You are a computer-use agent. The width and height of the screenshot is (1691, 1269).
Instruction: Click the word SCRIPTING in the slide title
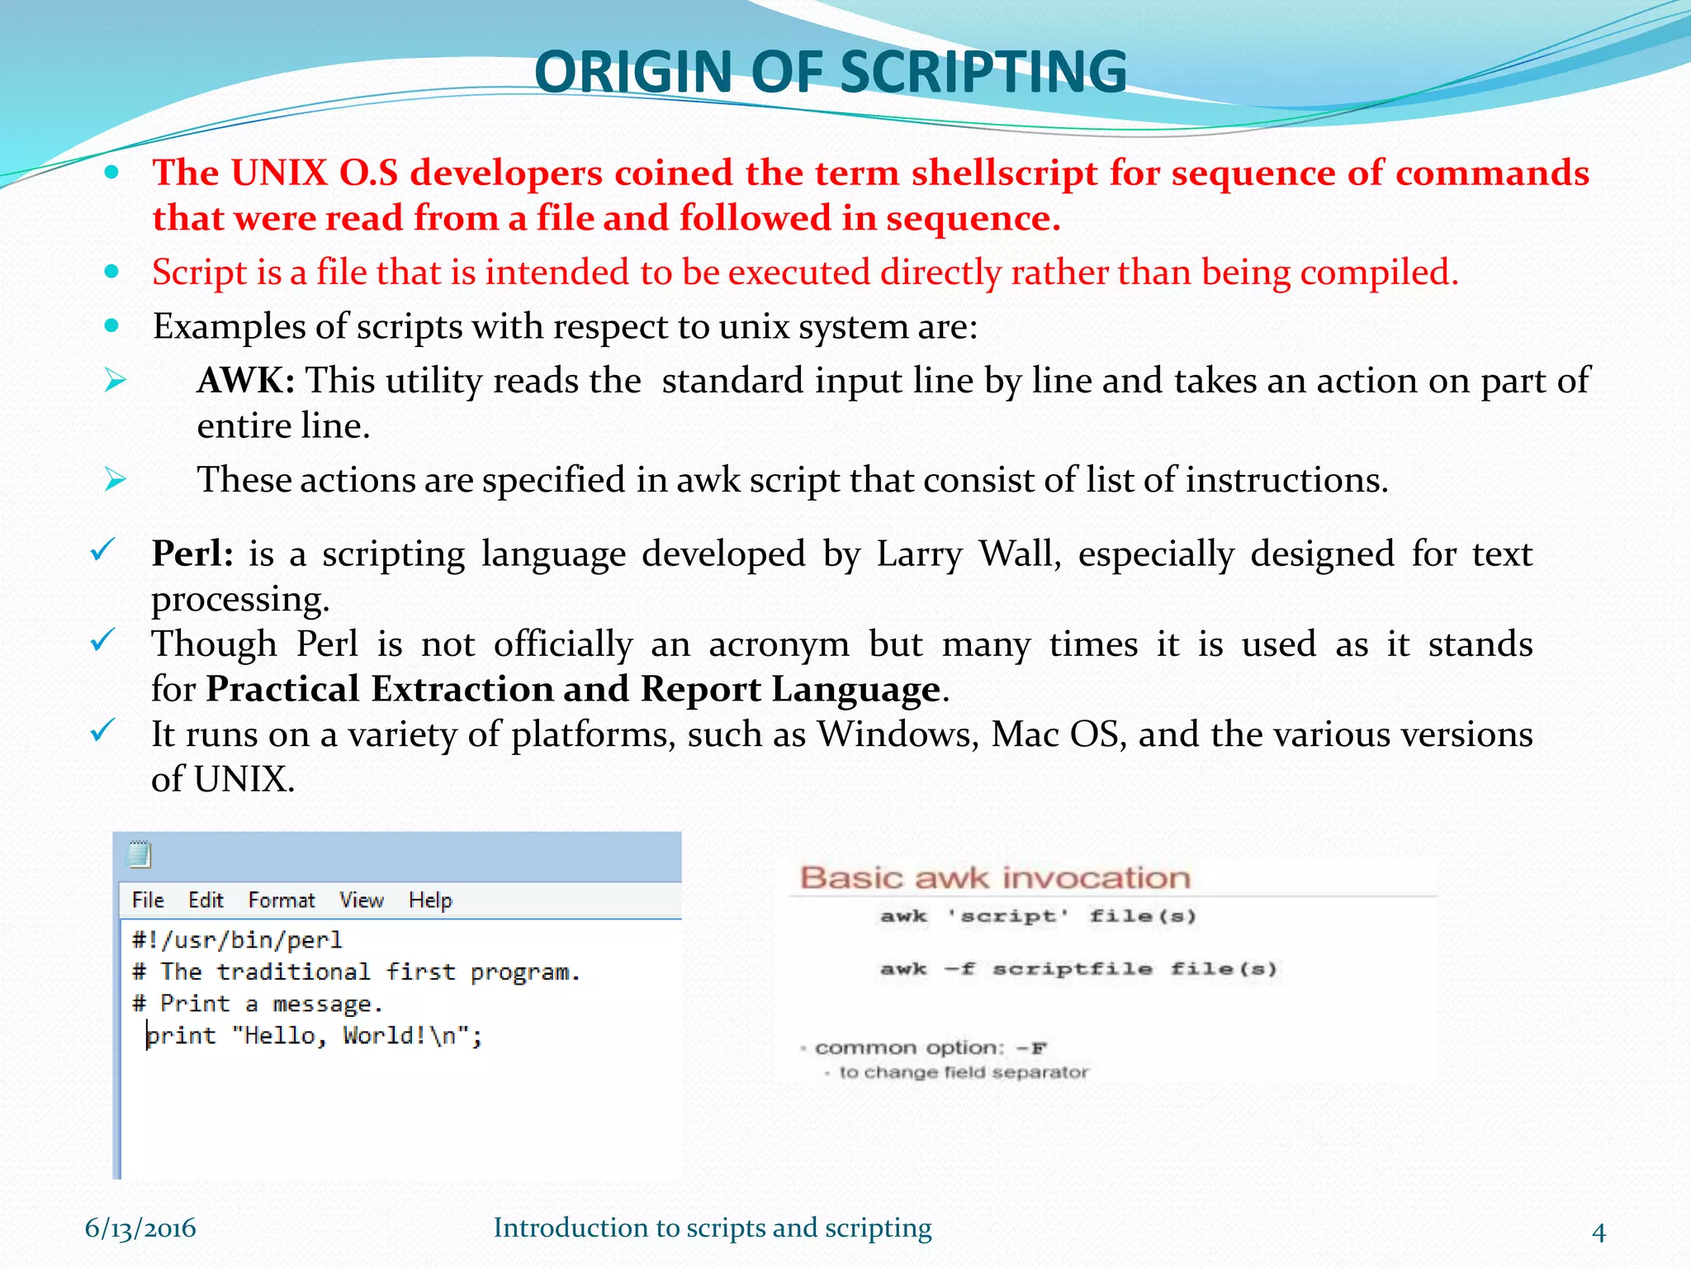tap(983, 72)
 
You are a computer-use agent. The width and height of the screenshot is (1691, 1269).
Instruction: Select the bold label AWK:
tap(246, 381)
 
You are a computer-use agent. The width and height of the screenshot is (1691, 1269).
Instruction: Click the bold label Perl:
tap(192, 554)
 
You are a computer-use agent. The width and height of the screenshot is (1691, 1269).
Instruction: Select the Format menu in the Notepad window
tap(282, 901)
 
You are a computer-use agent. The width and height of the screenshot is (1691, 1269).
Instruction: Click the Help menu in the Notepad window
tap(430, 901)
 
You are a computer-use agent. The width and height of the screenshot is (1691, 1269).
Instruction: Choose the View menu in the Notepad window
tap(362, 901)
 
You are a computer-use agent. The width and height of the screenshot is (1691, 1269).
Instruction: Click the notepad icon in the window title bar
tap(140, 854)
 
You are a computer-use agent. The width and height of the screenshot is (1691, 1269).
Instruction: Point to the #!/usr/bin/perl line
tap(237, 940)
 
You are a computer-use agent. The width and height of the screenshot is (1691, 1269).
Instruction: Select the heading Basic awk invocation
tap(995, 877)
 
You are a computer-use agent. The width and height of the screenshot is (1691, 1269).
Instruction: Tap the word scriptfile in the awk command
tap(1072, 969)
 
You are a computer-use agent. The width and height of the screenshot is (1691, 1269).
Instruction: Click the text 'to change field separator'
tap(963, 1072)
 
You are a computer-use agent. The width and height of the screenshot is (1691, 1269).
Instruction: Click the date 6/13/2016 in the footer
tap(140, 1229)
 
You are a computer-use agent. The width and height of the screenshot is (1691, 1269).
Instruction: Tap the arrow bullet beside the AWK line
tap(115, 381)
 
